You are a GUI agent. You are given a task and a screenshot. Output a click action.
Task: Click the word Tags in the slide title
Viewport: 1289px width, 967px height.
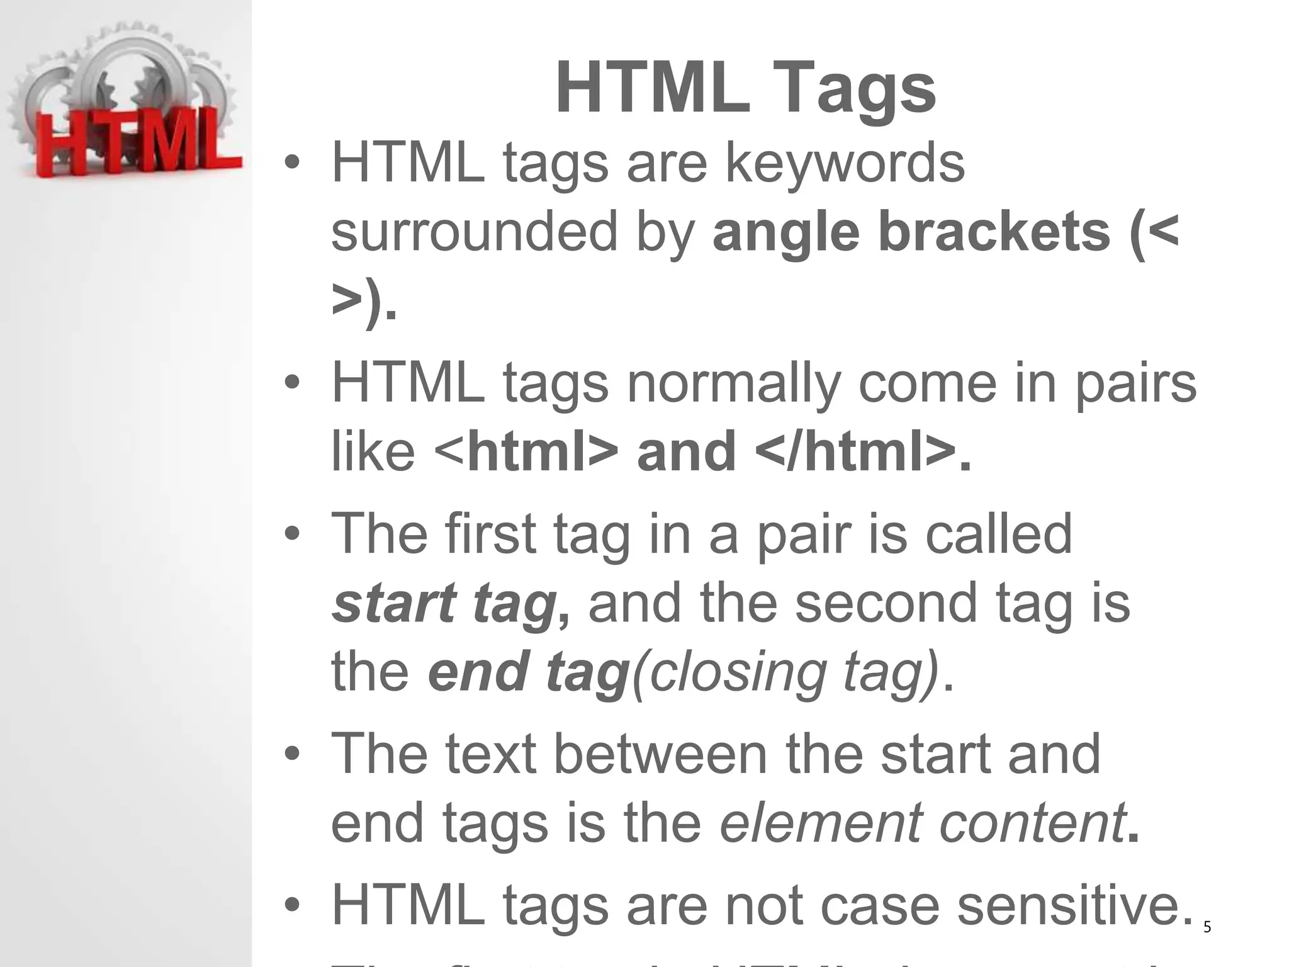[x=859, y=89]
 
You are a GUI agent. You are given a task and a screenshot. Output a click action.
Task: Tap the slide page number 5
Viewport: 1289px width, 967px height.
[x=1207, y=927]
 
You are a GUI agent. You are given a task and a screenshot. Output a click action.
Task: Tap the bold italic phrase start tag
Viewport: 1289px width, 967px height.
[x=444, y=603]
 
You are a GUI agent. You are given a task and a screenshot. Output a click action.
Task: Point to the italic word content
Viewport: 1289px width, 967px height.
[x=1032, y=822]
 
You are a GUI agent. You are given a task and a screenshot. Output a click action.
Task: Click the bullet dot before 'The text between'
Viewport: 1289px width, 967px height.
[x=291, y=754]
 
